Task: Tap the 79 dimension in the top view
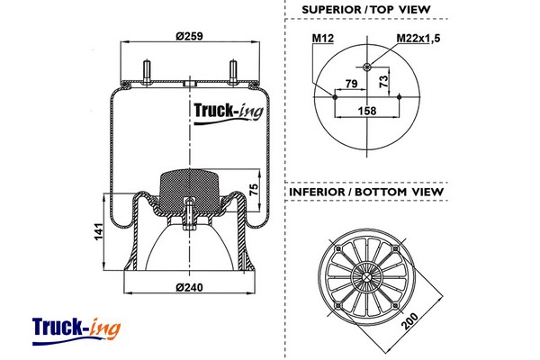pos(352,84)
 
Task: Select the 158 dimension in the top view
pos(368,112)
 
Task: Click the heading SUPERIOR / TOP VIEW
pos(365,10)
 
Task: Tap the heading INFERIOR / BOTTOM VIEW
pos(365,192)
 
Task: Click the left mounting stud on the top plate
pos(145,70)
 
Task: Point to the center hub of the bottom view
pos(367,275)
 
